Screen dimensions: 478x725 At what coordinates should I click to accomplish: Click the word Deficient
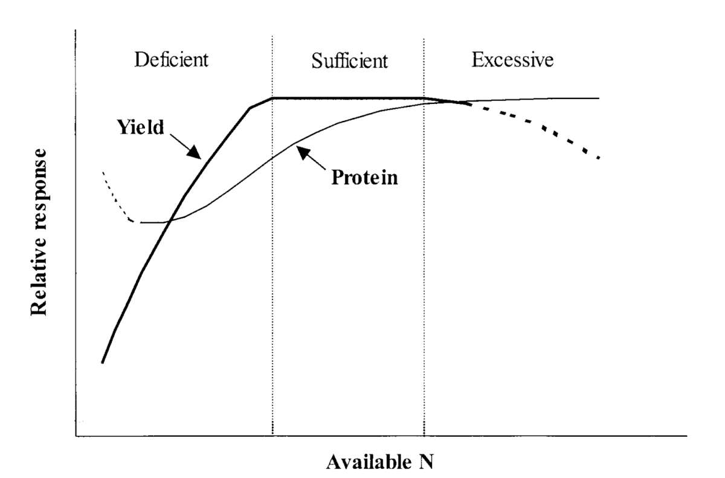point(171,60)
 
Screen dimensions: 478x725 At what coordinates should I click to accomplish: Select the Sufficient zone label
point(349,61)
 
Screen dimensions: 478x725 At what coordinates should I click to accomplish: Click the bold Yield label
point(141,128)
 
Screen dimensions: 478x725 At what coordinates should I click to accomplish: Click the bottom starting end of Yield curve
point(103,363)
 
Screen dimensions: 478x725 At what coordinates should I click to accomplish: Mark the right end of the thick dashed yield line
point(599,158)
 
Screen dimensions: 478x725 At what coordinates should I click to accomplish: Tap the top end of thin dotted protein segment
point(103,172)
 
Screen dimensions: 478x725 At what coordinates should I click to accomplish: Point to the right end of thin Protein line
point(599,98)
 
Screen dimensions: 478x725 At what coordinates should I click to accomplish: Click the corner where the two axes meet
point(75,435)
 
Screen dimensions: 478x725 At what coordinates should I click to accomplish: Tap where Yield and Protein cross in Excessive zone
point(454,102)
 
